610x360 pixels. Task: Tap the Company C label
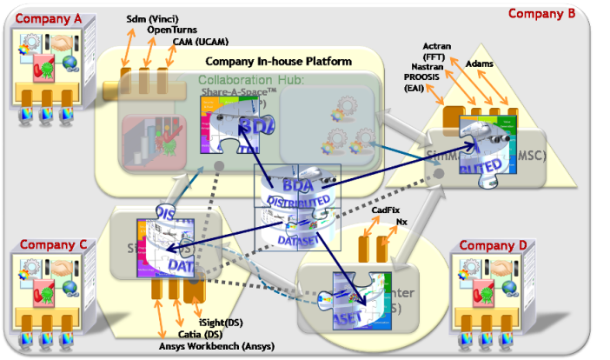(x=53, y=244)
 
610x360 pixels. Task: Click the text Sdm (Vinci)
(x=150, y=17)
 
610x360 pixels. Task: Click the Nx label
(x=401, y=222)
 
